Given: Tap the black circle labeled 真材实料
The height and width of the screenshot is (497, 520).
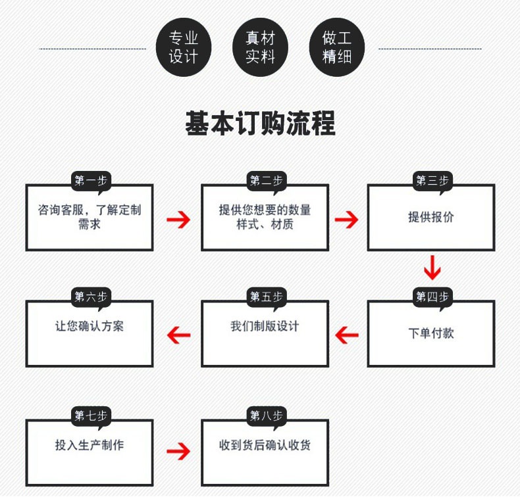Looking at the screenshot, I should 260,48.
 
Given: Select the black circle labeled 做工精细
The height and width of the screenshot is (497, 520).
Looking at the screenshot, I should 337,48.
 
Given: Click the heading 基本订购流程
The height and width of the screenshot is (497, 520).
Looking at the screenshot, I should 260,123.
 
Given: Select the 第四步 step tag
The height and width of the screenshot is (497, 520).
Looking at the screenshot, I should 432,297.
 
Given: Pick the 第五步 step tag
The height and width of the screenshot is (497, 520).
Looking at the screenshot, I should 266,297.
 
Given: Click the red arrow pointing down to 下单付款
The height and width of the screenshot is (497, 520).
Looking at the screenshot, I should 432,268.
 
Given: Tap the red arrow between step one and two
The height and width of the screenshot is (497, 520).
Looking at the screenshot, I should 178,220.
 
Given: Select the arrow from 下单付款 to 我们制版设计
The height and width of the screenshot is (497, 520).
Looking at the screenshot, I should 347,335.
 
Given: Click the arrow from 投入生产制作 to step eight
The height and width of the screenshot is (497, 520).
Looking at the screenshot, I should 178,452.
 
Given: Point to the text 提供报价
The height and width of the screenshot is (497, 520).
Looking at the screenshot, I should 431,218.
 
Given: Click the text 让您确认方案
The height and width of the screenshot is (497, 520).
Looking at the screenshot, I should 90,326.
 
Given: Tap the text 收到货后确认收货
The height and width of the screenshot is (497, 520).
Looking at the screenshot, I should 265,445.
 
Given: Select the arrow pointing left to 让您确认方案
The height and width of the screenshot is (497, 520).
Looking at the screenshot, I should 178,335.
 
